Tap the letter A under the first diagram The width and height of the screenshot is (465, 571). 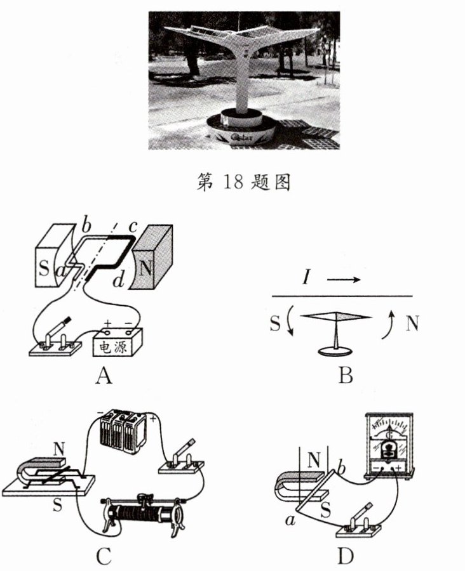tap(104, 376)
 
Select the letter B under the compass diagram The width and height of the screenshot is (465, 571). tap(346, 376)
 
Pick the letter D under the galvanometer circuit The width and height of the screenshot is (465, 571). tap(346, 556)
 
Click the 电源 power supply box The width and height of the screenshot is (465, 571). tap(118, 343)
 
